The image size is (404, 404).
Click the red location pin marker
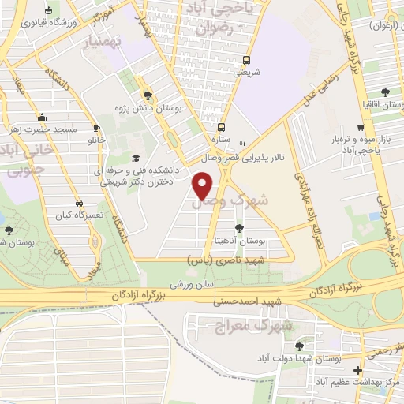coord(204,186)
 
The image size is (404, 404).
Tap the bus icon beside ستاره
coord(223,126)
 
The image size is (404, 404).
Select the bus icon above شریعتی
coord(247,60)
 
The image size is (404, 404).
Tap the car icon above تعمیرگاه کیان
coord(77,201)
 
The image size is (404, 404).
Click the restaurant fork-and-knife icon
coord(243,145)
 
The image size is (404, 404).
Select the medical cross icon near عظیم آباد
coord(357,369)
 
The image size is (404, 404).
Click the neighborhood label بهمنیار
coord(101,40)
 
